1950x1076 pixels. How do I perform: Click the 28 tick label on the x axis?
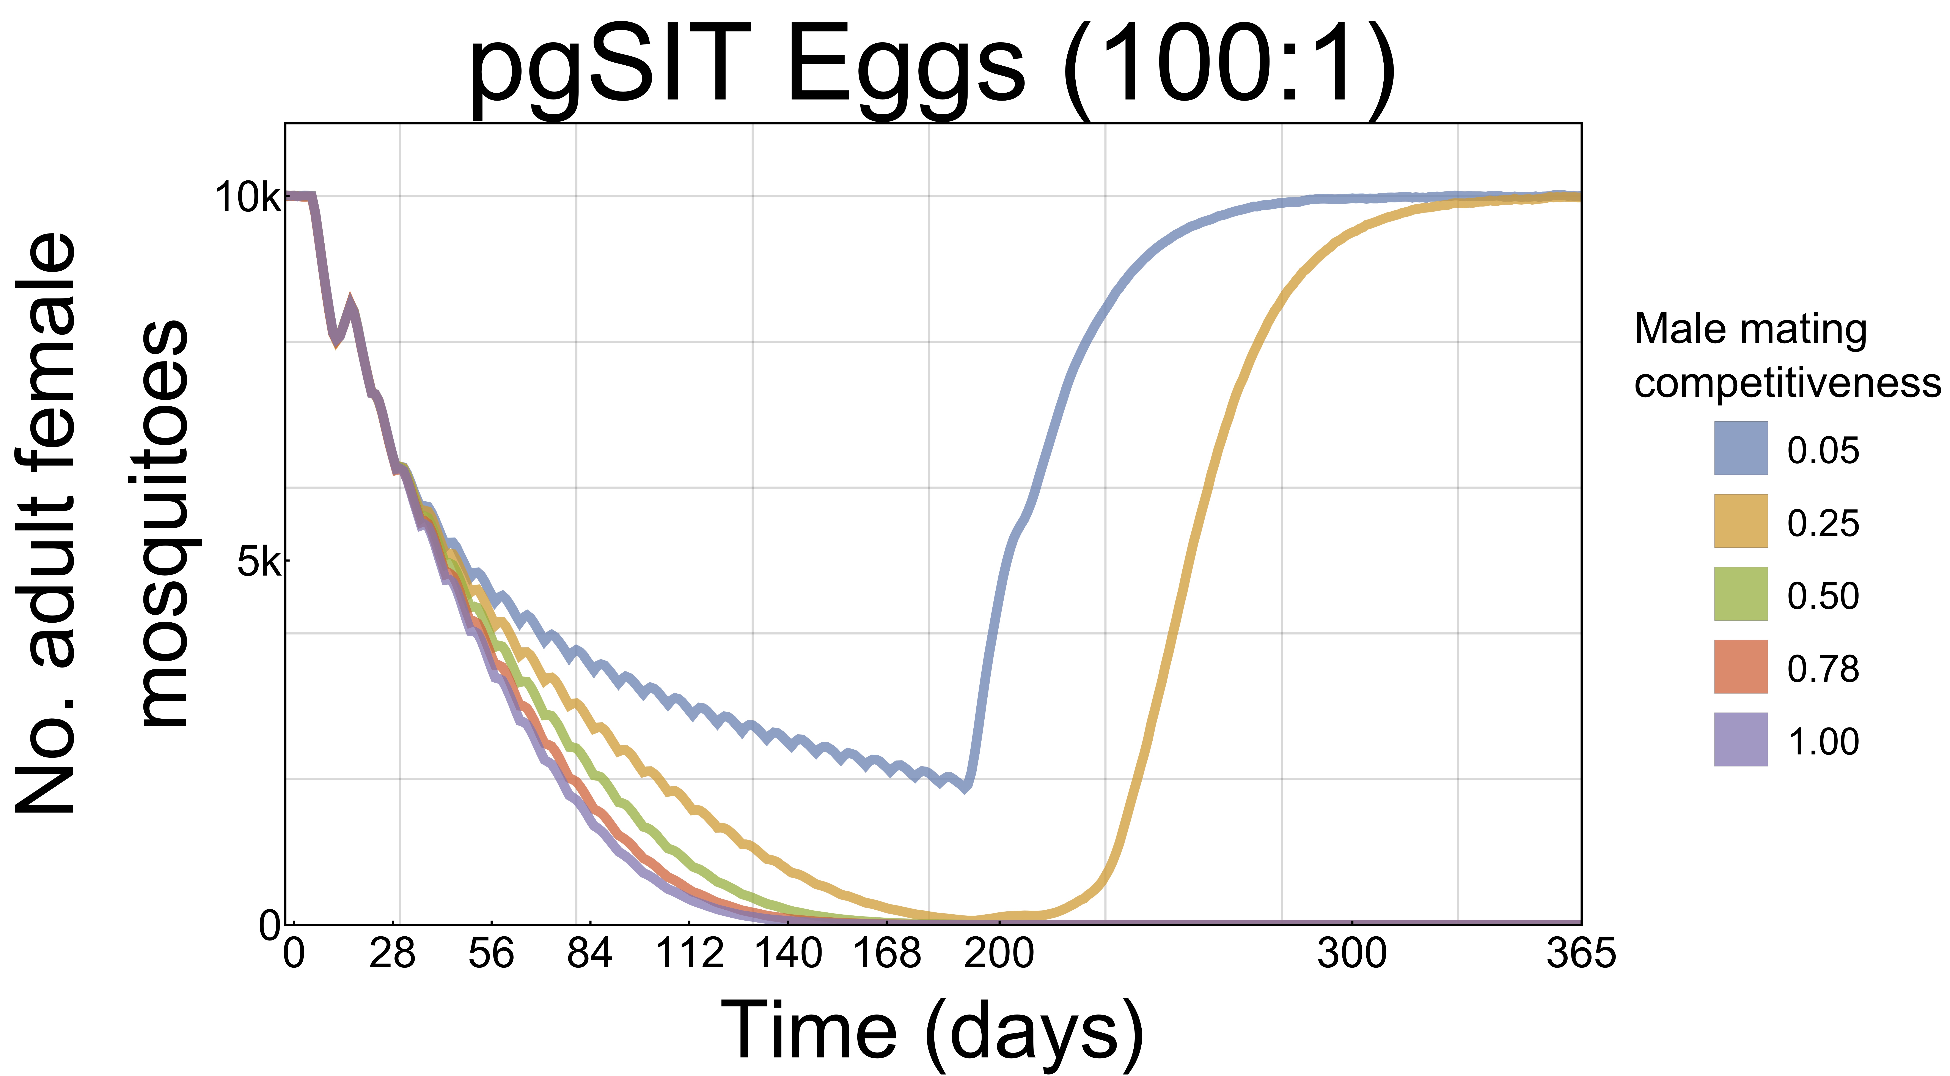[392, 953]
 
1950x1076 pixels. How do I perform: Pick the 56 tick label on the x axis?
[491, 953]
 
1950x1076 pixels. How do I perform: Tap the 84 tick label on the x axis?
[590, 953]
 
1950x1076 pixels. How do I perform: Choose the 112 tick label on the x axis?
[689, 953]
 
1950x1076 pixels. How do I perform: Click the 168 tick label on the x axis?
[886, 953]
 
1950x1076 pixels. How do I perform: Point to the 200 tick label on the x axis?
[998, 953]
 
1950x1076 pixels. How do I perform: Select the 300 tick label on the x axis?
[1352, 953]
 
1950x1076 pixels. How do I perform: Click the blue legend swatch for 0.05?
[1740, 448]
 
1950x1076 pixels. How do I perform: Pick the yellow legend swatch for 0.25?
[1740, 521]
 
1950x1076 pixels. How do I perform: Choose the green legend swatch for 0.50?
[1740, 594]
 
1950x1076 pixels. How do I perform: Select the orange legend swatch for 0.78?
[1740, 666]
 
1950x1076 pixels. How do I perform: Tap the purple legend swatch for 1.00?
[1740, 739]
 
